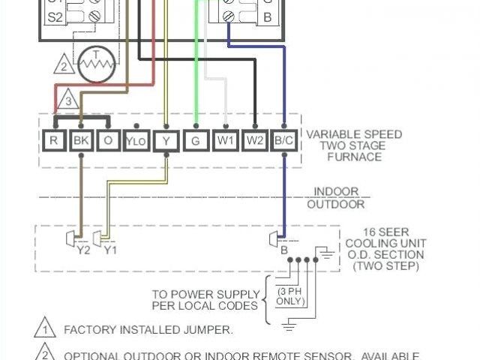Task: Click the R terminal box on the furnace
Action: (55, 139)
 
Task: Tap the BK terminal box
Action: (79, 139)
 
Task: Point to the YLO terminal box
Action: (136, 140)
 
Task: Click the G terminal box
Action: (196, 139)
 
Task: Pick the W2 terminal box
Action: (256, 139)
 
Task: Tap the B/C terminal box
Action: (284, 139)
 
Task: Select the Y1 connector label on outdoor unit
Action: (109, 250)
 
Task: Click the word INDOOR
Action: (336, 192)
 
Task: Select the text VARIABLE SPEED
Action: (354, 134)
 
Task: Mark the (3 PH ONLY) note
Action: (289, 295)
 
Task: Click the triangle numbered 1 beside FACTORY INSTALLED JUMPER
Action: (44, 328)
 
